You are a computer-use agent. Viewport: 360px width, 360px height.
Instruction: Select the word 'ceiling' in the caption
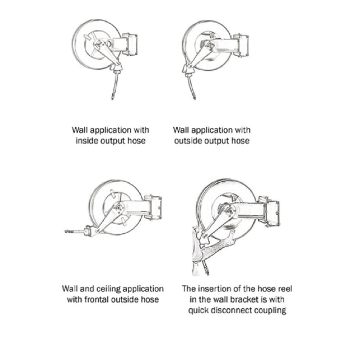tap(108, 289)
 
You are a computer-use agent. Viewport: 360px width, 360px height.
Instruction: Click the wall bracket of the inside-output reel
tap(130, 45)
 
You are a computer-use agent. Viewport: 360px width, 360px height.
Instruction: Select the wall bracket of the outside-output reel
tap(241, 45)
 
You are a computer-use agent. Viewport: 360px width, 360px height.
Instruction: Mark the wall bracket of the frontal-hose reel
tap(153, 207)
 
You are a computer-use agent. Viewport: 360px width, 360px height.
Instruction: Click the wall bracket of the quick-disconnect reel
tap(269, 211)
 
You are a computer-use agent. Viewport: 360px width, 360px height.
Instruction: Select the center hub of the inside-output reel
tap(99, 44)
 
